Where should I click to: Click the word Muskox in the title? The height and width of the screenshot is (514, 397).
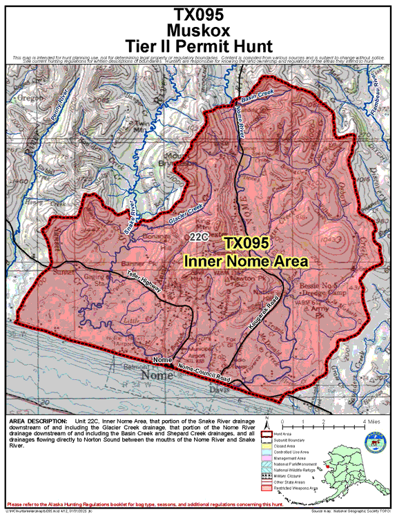click(198, 29)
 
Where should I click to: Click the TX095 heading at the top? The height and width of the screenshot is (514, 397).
click(198, 13)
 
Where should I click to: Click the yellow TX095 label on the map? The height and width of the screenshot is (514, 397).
click(246, 243)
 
